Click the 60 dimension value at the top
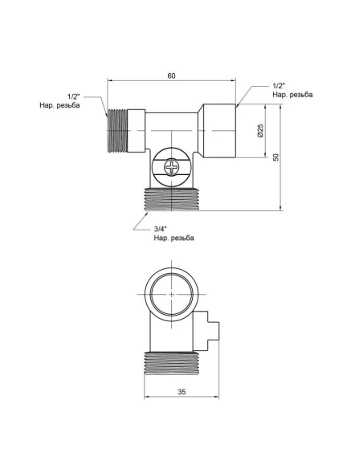pyautogui.click(x=172, y=75)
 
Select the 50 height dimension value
pyautogui.click(x=275, y=157)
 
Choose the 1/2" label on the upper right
pyautogui.click(x=279, y=85)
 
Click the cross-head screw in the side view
pyautogui.click(x=172, y=167)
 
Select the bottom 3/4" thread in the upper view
pyautogui.click(x=172, y=199)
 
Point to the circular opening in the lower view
pyautogui.click(x=172, y=295)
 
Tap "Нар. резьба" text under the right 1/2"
pyautogui.click(x=292, y=95)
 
